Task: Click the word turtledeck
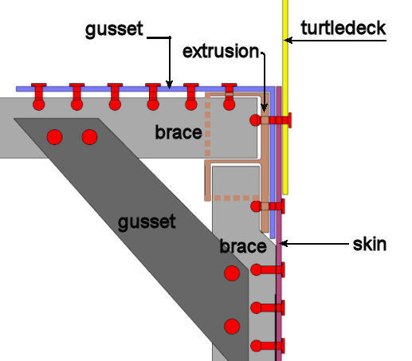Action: [343, 28]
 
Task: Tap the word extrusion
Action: [221, 51]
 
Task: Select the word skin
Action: [370, 244]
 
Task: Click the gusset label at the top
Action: [114, 29]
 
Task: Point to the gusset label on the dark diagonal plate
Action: [147, 222]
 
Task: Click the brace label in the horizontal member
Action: [179, 132]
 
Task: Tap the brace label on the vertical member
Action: [243, 246]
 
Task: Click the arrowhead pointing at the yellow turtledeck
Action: [288, 41]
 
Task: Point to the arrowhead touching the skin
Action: [284, 243]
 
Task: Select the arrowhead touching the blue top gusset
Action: [169, 85]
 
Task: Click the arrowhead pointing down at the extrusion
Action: [264, 108]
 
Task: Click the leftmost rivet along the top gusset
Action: [39, 96]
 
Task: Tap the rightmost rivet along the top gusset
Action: [230, 96]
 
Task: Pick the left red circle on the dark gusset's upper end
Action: [55, 137]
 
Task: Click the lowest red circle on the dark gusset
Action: [232, 327]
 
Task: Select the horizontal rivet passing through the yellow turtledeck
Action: [271, 120]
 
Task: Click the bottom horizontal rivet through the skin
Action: [268, 346]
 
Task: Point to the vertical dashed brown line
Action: [208, 126]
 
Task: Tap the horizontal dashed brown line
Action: [237, 198]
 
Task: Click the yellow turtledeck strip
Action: [285, 97]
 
